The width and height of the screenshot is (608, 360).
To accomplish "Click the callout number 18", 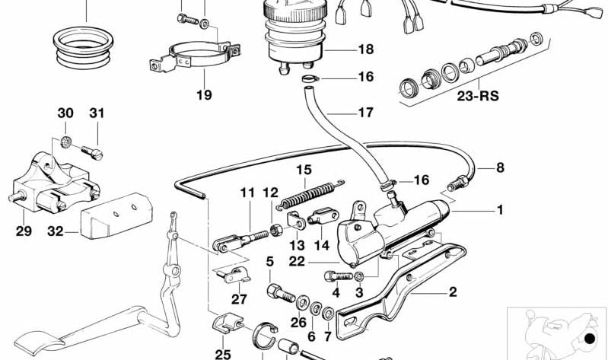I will (365, 49).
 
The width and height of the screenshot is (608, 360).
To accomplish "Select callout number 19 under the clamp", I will (204, 95).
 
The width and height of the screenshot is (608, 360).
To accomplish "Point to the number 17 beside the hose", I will (365, 113).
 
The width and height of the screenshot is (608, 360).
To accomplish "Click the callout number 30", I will (65, 113).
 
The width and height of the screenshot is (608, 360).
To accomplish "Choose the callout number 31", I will (96, 113).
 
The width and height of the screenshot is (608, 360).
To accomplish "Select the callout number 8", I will (500, 167).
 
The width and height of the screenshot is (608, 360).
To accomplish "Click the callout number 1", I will (500, 209).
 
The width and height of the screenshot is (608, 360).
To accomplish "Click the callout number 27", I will (239, 299).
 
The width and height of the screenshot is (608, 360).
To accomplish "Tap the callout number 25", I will (222, 354).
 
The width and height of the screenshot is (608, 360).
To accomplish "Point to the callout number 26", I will (292, 323).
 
